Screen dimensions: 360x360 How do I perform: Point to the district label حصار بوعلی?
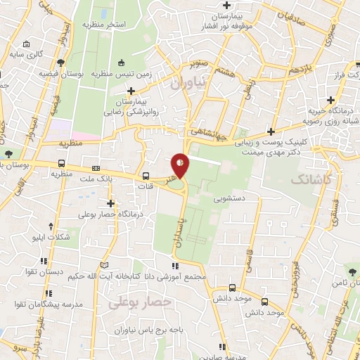141,301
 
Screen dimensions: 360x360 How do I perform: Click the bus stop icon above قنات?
146,176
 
